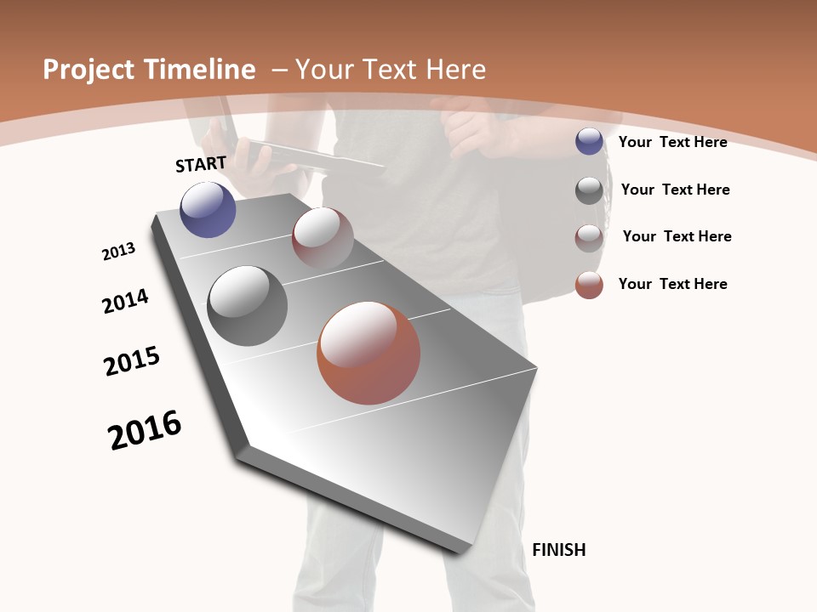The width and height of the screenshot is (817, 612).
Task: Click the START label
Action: click(x=201, y=164)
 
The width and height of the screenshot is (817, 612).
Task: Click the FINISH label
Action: click(x=558, y=550)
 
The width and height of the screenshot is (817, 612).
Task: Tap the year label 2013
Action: click(x=118, y=252)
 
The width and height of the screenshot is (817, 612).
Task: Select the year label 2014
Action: click(x=125, y=301)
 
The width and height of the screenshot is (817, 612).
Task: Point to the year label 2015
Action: click(x=132, y=361)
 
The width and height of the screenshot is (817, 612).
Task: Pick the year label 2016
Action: click(x=145, y=430)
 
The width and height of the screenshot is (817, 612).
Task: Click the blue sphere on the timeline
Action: click(x=208, y=209)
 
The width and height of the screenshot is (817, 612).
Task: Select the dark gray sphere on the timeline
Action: click(x=247, y=306)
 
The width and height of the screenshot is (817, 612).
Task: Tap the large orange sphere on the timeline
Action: click(x=369, y=353)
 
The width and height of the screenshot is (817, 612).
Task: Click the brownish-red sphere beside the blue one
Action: click(x=323, y=238)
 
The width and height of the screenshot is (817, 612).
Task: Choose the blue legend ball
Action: click(x=589, y=142)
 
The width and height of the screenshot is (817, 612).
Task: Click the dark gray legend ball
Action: click(x=589, y=190)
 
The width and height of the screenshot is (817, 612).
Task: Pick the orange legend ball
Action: click(x=589, y=285)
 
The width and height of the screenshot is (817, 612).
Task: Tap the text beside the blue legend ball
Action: click(x=672, y=142)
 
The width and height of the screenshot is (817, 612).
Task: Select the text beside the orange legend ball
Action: click(x=672, y=284)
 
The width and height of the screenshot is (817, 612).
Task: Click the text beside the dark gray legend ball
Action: click(x=675, y=190)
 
